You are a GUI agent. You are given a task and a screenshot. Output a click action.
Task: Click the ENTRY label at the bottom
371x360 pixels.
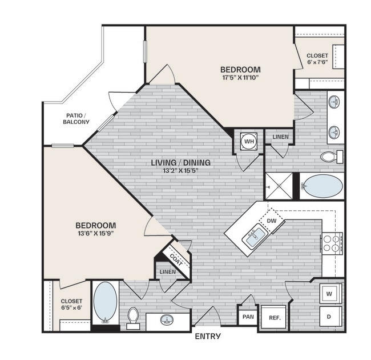point(208,336)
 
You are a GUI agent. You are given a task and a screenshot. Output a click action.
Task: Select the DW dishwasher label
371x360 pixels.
point(272,221)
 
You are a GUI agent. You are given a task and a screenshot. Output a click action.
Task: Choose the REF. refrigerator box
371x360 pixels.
point(274,318)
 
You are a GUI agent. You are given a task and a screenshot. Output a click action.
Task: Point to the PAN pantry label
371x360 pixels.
point(248,316)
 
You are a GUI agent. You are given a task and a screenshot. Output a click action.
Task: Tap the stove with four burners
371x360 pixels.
point(332,243)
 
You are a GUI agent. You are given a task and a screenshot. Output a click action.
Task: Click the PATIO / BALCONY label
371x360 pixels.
point(76,118)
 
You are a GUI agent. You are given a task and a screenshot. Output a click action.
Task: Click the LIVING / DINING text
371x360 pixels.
point(180,163)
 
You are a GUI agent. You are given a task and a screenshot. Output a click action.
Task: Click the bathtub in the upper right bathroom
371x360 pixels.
point(322,186)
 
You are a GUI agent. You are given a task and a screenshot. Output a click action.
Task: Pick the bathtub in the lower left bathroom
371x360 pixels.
point(105,302)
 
